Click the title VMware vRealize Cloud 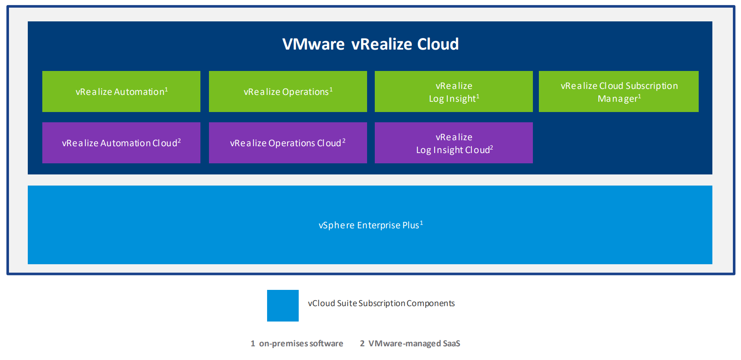[x=370, y=44]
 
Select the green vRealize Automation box [x=121, y=91]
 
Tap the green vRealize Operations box [x=288, y=91]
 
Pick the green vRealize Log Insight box [x=454, y=91]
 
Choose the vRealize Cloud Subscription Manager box [x=618, y=91]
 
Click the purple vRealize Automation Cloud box [x=121, y=143]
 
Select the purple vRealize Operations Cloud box [x=288, y=143]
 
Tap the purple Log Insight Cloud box [x=454, y=143]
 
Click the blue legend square [x=283, y=306]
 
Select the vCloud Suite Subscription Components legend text [x=381, y=304]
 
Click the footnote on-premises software [x=301, y=343]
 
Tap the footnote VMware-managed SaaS [x=414, y=343]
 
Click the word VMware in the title [x=313, y=44]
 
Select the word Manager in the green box [x=617, y=99]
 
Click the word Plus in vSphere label [x=410, y=225]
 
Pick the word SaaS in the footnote [x=451, y=343]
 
